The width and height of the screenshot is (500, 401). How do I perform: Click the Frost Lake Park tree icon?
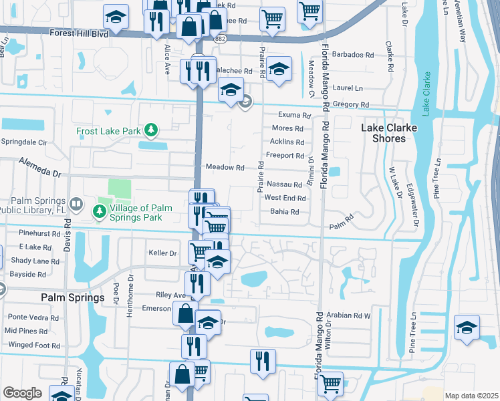(x=152, y=130)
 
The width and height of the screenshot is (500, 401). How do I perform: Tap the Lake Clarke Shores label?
(x=392, y=133)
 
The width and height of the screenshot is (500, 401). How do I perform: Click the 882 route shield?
(x=219, y=39)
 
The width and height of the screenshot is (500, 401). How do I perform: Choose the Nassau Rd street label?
(x=284, y=184)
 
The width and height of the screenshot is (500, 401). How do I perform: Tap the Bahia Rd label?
(x=284, y=212)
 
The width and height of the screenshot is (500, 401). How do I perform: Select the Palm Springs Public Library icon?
(x=76, y=203)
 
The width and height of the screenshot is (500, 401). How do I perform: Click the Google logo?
(x=22, y=392)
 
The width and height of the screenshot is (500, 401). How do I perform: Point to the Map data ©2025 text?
(x=471, y=396)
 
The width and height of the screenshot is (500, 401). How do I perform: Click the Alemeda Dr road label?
(x=40, y=167)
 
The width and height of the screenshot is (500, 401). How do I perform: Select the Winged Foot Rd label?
(x=34, y=346)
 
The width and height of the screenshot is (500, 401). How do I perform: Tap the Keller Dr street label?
(x=162, y=253)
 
